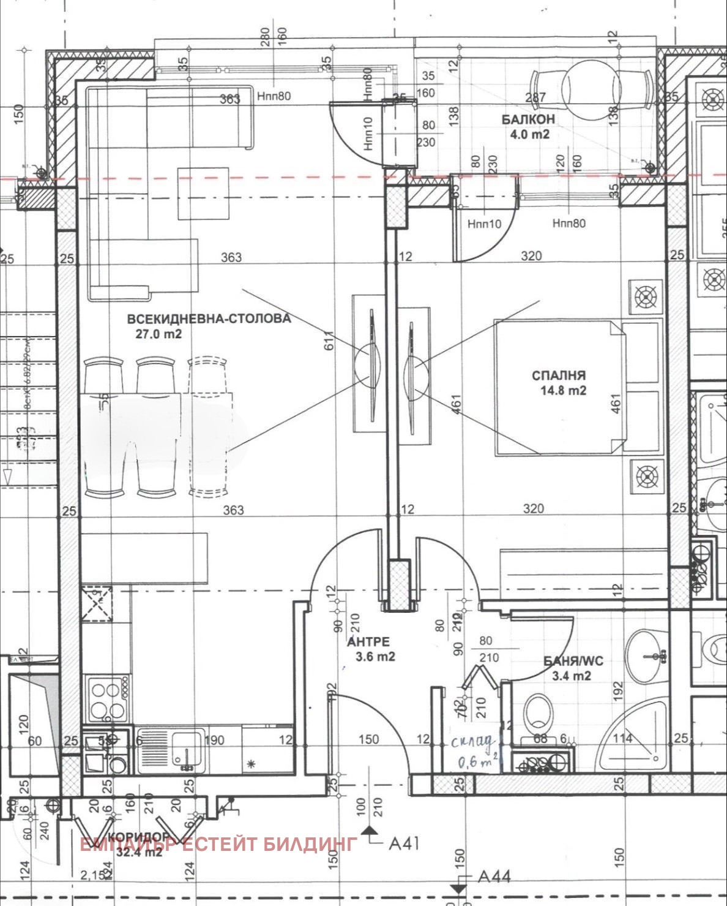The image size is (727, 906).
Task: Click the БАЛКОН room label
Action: [x=528, y=119]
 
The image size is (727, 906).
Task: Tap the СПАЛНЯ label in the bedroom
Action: [x=558, y=375]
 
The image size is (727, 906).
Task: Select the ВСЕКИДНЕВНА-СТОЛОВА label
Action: [x=209, y=319]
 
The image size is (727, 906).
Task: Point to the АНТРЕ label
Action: [x=368, y=641]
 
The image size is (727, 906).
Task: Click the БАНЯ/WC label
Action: [x=573, y=661]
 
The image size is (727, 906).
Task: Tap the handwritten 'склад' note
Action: [x=473, y=742]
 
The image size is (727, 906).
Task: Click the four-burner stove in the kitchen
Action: [x=107, y=699]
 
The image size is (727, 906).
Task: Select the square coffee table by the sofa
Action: [x=204, y=194]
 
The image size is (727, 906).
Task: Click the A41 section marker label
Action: [x=405, y=844]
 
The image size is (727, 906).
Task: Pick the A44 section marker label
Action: [x=494, y=877]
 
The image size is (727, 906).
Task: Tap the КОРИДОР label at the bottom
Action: [x=138, y=837]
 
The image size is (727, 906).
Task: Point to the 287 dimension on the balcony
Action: [x=535, y=97]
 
